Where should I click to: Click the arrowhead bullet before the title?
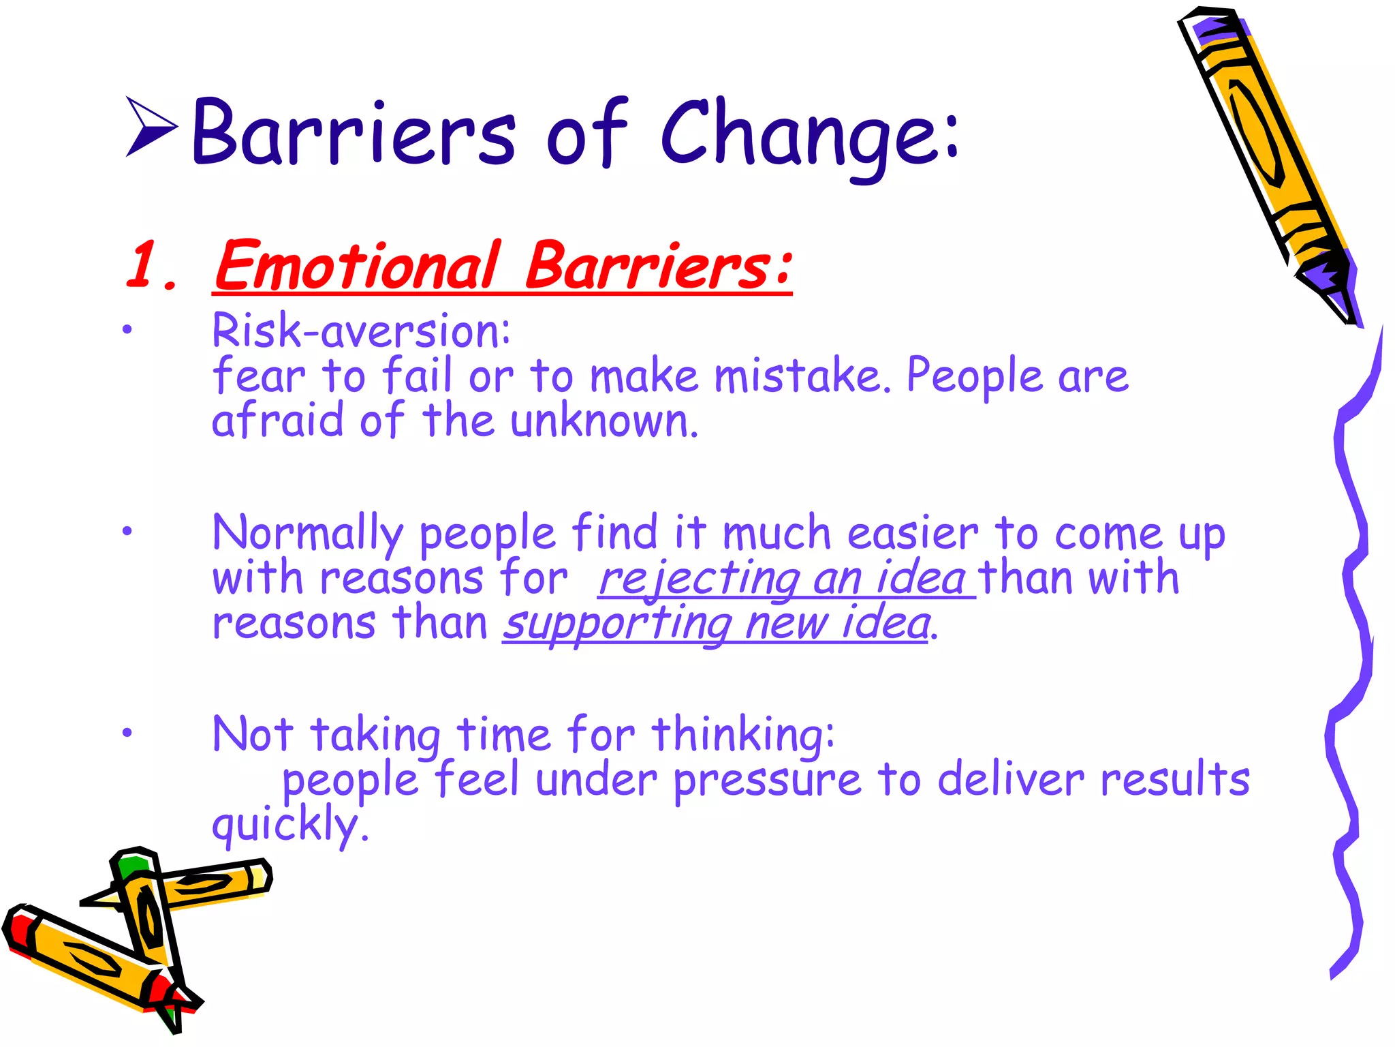tap(151, 127)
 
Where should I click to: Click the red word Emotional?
tap(357, 266)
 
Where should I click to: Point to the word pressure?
tap(767, 781)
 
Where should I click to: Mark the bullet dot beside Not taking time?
tap(127, 733)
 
